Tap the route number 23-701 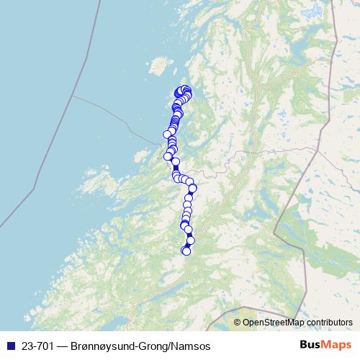(x=35, y=346)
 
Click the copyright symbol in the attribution (x=238, y=323)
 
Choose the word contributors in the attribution (x=327, y=323)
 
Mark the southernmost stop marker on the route (x=186, y=251)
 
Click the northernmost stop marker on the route (x=186, y=89)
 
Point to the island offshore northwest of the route (x=156, y=68)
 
